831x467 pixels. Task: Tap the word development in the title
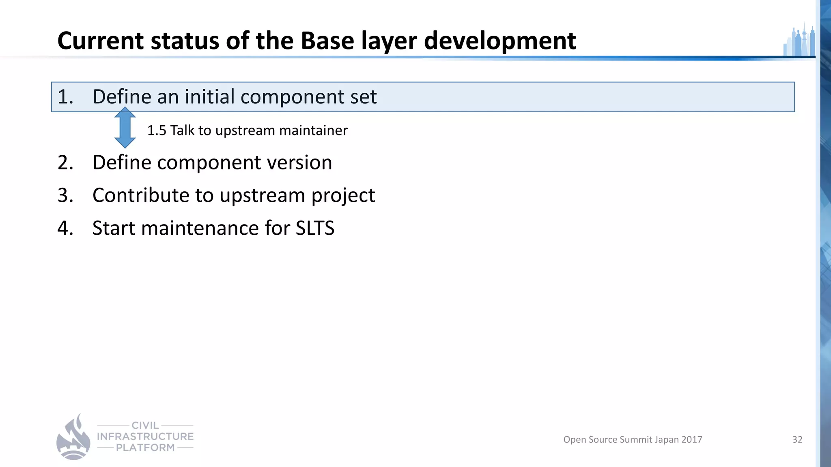click(x=500, y=41)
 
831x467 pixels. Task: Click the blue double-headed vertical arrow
click(x=125, y=128)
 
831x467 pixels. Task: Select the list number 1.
click(x=65, y=97)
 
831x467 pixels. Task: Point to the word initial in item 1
click(x=209, y=97)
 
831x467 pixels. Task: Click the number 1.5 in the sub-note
click(x=157, y=131)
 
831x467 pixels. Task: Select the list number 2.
click(x=65, y=163)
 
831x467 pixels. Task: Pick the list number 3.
click(x=65, y=195)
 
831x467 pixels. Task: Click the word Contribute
click(x=141, y=195)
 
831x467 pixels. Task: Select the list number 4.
click(x=65, y=228)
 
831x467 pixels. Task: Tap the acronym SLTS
click(x=315, y=228)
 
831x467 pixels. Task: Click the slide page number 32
click(x=797, y=439)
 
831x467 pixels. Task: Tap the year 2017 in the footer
click(x=691, y=439)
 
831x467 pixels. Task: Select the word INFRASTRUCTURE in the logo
click(x=145, y=437)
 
